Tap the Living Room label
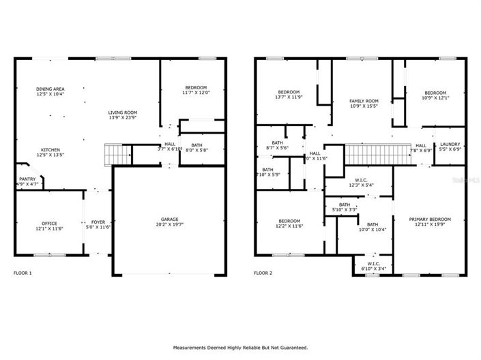point(123,115)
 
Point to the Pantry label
point(27,181)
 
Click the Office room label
point(50,226)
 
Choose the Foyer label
point(98,226)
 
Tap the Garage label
point(170,222)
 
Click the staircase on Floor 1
point(117,155)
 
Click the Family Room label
point(359,104)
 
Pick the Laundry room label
point(450,147)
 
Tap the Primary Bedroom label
point(431,222)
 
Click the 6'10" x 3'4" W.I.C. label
point(373,267)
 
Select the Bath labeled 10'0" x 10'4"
point(373,227)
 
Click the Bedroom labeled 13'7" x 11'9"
point(287,95)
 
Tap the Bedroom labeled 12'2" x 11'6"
point(289,224)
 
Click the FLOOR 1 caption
point(23,273)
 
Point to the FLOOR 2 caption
point(263,273)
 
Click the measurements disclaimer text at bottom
point(240,348)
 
